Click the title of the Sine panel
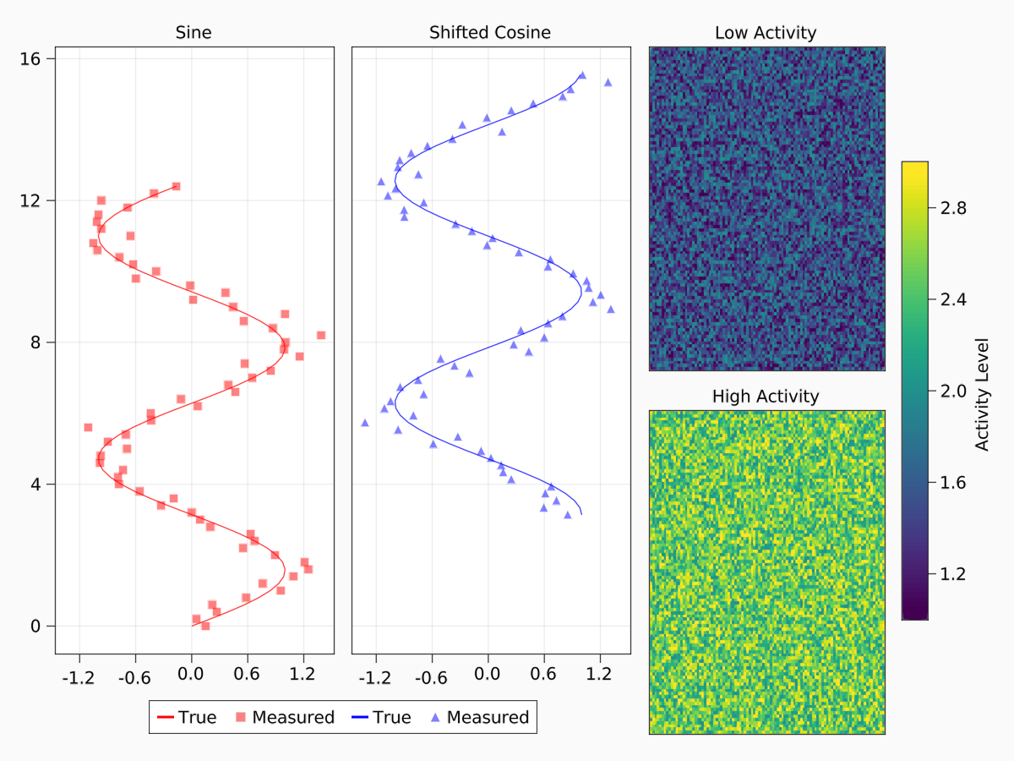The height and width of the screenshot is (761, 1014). pos(194,33)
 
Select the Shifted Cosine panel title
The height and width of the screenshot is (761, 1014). pos(490,33)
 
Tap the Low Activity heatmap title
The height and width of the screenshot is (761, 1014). pos(766,33)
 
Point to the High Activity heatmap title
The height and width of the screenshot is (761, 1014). pos(766,396)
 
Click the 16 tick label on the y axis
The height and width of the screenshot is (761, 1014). pos(31,58)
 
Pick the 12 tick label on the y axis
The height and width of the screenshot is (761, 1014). pos(31,200)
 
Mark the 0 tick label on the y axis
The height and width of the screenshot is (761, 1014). pos(36,627)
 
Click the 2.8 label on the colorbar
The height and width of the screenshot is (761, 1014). pos(954,208)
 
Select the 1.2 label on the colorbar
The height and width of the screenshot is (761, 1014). pos(954,574)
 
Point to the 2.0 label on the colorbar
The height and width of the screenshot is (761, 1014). pos(954,391)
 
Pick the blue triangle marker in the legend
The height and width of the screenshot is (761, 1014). pos(435,718)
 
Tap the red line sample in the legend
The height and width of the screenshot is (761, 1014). pos(165,718)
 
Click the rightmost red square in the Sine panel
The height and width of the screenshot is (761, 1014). pos(321,335)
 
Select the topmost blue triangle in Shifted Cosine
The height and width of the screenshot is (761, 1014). pos(582,75)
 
